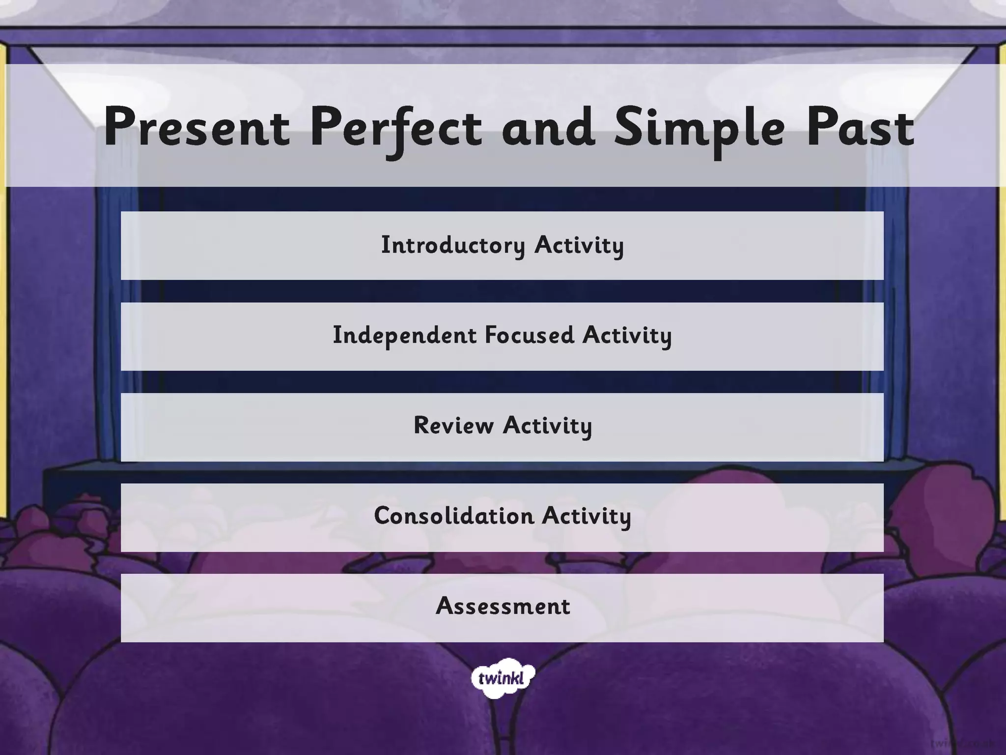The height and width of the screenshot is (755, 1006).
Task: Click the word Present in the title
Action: click(x=197, y=128)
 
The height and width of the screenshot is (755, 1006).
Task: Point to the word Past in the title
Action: click(x=860, y=128)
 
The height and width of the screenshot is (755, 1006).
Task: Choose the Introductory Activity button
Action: click(x=502, y=246)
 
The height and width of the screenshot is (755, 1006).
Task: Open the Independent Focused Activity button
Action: click(x=502, y=336)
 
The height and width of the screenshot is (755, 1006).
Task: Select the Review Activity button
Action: click(x=502, y=427)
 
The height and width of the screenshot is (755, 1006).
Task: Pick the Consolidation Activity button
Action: click(x=502, y=517)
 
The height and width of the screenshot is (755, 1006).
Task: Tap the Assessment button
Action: click(x=502, y=608)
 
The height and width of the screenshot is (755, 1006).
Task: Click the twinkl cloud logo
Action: click(x=502, y=679)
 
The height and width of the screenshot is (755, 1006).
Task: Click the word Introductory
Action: click(x=453, y=245)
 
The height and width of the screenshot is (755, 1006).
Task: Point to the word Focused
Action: click(x=529, y=335)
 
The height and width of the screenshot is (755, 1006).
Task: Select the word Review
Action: click(x=453, y=426)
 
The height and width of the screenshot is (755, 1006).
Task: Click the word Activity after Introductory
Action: click(x=579, y=245)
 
